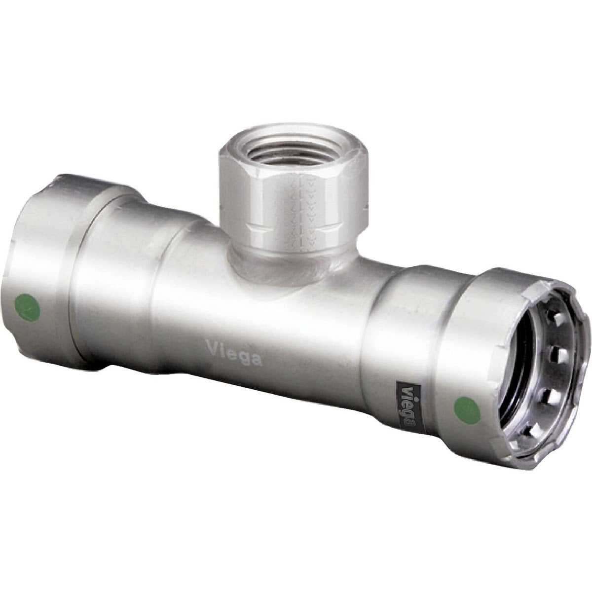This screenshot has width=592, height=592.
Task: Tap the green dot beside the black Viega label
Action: [x=467, y=411]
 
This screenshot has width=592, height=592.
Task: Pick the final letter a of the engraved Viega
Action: [x=257, y=361]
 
